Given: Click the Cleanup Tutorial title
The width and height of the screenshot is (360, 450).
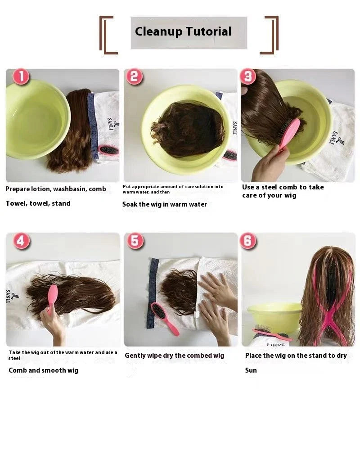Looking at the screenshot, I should pyautogui.click(x=183, y=32).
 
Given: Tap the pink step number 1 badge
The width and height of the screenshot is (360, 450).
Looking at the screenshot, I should pyautogui.click(x=21, y=77).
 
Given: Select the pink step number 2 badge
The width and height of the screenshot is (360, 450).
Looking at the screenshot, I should pyautogui.click(x=134, y=77).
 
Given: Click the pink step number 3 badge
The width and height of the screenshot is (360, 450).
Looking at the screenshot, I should pyautogui.click(x=248, y=77).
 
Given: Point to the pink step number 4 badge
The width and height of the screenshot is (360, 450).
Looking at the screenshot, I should pyautogui.click(x=21, y=241).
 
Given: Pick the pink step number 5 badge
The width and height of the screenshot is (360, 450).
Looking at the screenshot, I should pyautogui.click(x=135, y=241).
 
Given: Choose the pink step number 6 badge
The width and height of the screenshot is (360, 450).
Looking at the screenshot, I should pyautogui.click(x=248, y=241).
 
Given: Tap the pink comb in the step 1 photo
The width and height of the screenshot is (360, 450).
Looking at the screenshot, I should pyautogui.click(x=108, y=150).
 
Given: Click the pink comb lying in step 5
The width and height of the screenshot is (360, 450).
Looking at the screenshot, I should pyautogui.click(x=165, y=318).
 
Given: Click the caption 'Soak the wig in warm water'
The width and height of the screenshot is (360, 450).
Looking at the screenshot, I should pyautogui.click(x=165, y=204).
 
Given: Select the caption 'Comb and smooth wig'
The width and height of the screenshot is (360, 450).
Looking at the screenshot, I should pyautogui.click(x=43, y=370).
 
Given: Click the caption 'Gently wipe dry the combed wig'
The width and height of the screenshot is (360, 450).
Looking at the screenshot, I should pyautogui.click(x=174, y=355).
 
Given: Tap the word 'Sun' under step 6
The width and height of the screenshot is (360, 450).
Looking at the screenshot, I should pyautogui.click(x=251, y=370).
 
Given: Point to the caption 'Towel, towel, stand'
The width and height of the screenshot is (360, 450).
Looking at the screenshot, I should pyautogui.click(x=38, y=203).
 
